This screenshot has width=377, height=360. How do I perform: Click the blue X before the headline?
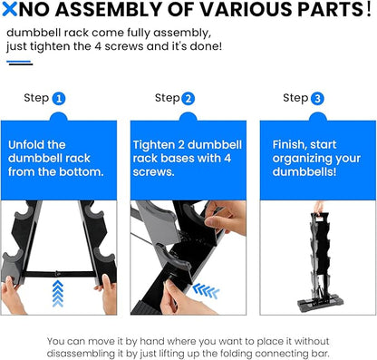(x=9, y=9)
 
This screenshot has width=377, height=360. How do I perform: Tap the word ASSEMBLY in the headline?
(x=109, y=9)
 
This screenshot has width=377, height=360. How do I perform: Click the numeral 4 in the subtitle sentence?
(x=98, y=46)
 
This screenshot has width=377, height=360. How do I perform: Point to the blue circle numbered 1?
(x=59, y=99)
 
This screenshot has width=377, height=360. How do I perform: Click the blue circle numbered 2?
(x=188, y=99)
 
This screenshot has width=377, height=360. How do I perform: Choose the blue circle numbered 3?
(x=317, y=99)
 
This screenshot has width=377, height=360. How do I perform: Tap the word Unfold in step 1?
(x=26, y=145)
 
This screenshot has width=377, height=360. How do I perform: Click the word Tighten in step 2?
(x=154, y=145)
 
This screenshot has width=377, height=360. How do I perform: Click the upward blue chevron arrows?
(x=58, y=294)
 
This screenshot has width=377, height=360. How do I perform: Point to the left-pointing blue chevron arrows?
(x=206, y=291)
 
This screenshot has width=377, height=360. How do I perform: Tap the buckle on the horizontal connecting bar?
(x=57, y=274)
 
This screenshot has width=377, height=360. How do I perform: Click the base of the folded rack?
(x=321, y=303)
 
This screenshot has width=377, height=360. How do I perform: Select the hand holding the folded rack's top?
(x=319, y=208)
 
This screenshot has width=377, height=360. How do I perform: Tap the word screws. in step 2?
(x=153, y=172)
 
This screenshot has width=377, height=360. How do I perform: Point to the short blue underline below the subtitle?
(x=19, y=62)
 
